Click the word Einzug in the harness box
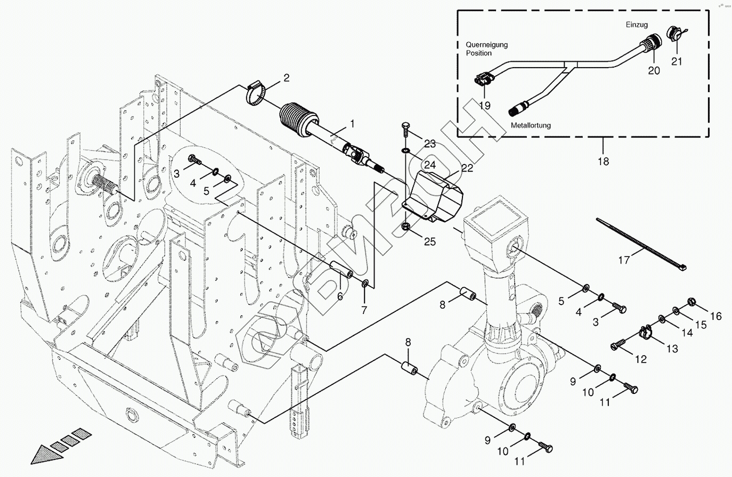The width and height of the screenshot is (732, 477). click(x=637, y=25)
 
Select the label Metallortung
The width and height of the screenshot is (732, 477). click(x=531, y=126)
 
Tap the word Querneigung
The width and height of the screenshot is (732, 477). click(x=486, y=45)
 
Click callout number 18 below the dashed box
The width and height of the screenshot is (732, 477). click(x=603, y=161)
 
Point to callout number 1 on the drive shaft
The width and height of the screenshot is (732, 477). click(x=352, y=124)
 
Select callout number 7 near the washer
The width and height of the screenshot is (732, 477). click(x=364, y=310)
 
